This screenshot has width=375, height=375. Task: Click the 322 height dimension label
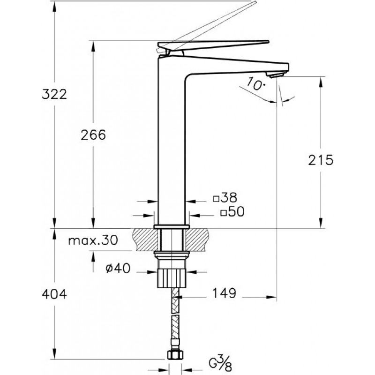point(54,94)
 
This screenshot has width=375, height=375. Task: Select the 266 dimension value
point(93,135)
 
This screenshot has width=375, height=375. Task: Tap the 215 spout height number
point(321,160)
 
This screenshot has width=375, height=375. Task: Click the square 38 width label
point(225,197)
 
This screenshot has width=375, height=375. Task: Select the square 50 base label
point(232,212)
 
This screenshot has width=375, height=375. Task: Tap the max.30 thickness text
point(93,240)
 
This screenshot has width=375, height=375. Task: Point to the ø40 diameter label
point(118,268)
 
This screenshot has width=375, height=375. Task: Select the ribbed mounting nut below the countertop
point(172,277)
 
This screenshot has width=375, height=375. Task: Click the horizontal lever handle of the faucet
point(213,45)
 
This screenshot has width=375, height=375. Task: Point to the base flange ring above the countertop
point(172,226)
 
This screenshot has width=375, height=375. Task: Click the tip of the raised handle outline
point(255,1)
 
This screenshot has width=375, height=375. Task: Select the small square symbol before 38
point(216,199)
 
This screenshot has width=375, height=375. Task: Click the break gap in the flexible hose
point(175,314)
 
